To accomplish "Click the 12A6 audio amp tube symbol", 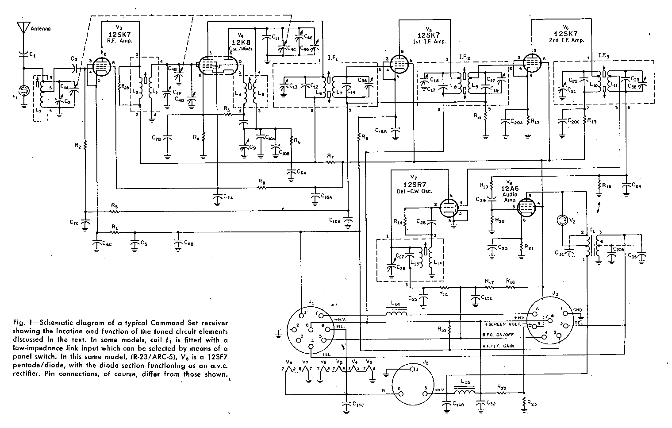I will coord(526,206).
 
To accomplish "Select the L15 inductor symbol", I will coord(463,392).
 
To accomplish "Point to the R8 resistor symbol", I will coord(262,187).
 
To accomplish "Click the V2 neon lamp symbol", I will coord(562,220).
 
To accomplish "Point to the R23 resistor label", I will coord(533,404).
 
